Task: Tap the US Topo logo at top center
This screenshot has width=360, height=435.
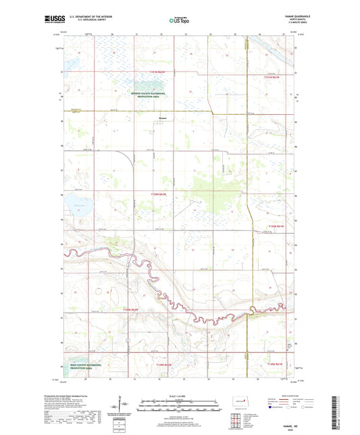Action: point(178,21)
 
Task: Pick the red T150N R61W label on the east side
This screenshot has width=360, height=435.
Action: point(277,225)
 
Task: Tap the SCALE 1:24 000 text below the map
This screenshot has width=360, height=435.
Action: point(179,396)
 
